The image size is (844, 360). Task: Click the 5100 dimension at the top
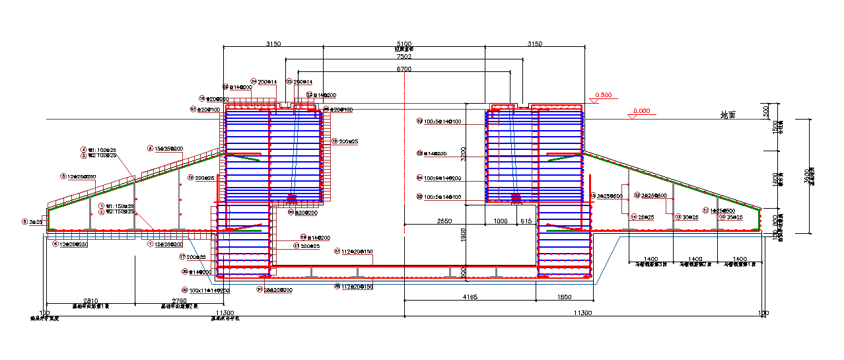[x=404, y=44]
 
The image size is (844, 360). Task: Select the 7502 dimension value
[x=404, y=57]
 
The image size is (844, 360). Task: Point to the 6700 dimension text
[x=404, y=69]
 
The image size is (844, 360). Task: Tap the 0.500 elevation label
[x=604, y=95]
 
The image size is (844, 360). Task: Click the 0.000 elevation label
[x=641, y=111]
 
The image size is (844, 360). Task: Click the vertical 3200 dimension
[x=464, y=154]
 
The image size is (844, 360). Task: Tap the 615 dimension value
[x=526, y=221]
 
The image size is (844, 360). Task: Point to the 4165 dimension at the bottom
[x=470, y=297]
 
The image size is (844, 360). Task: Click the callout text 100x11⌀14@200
[x=209, y=291]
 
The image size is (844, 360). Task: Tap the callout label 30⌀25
[x=690, y=217]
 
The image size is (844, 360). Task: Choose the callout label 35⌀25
[x=734, y=217]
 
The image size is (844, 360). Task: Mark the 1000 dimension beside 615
[x=502, y=221]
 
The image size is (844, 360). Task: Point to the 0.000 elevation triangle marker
[x=632, y=116]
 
